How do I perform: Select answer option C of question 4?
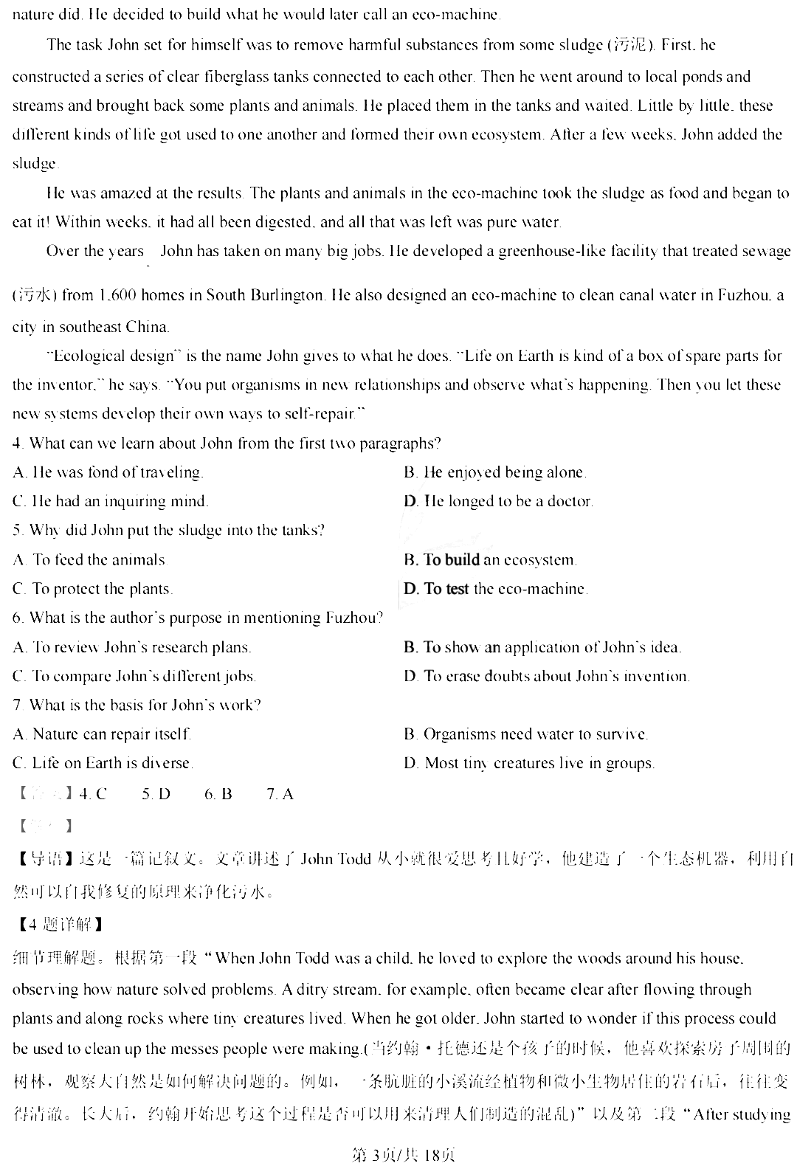click(111, 502)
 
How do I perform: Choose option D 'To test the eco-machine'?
click(496, 589)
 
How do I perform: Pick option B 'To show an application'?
click(542, 648)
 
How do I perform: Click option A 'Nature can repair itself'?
click(103, 734)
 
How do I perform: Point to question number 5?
click(18, 531)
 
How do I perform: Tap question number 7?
click(18, 706)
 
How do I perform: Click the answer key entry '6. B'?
click(218, 794)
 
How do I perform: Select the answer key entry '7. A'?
click(280, 794)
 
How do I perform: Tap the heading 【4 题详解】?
click(57, 923)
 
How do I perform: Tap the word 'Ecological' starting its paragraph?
click(89, 356)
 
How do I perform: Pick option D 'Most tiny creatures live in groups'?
click(529, 764)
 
